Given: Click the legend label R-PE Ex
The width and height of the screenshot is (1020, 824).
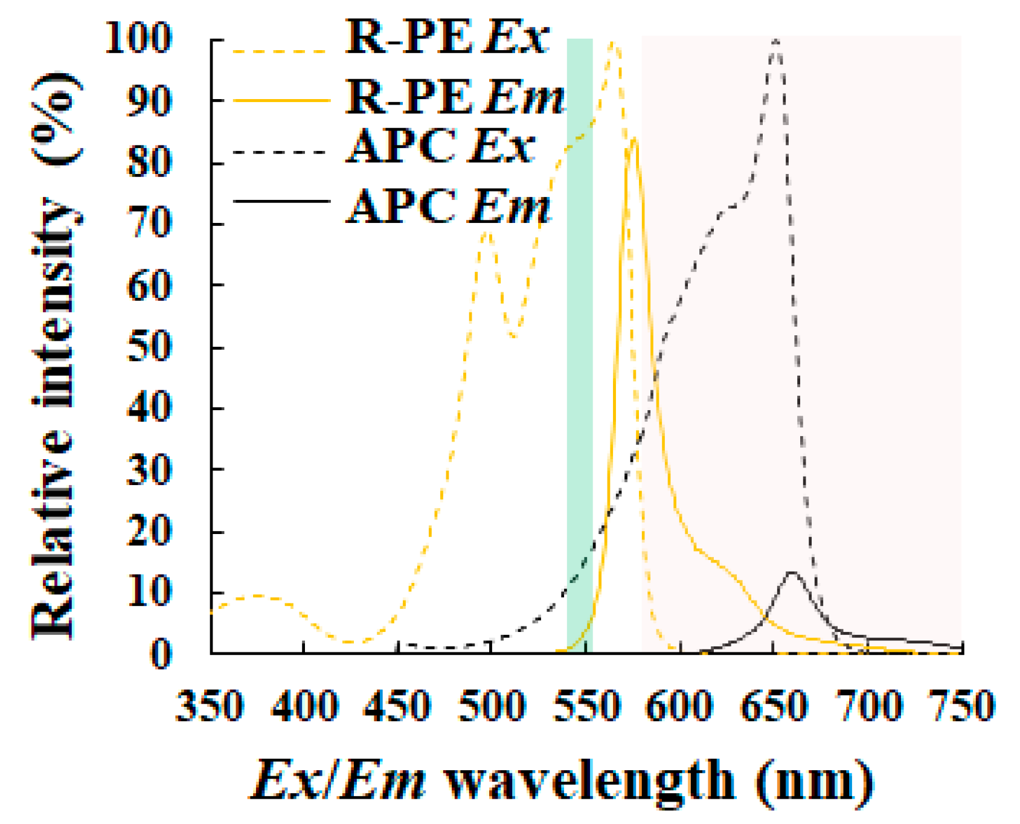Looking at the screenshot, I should tap(447, 37).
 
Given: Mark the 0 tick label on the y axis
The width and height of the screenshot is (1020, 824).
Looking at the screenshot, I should tap(161, 654).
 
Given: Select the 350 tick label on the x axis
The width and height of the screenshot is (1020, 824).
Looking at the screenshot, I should tap(210, 706).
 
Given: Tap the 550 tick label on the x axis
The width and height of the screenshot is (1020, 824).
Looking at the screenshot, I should tap(586, 706).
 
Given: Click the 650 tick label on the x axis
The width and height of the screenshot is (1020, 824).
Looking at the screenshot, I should tap(774, 706).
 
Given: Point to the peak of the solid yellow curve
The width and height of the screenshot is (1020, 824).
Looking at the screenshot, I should tap(633, 139).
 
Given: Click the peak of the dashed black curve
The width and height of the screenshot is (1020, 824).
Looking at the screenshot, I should tap(776, 41).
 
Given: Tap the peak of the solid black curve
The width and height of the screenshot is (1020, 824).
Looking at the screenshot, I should tap(792, 572).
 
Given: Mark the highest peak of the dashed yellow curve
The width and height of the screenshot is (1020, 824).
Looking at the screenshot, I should tap(613, 42).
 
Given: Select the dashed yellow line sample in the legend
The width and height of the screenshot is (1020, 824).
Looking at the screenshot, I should tap(281, 51).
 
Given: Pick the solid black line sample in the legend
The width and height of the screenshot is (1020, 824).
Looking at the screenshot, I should tap(281, 201).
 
